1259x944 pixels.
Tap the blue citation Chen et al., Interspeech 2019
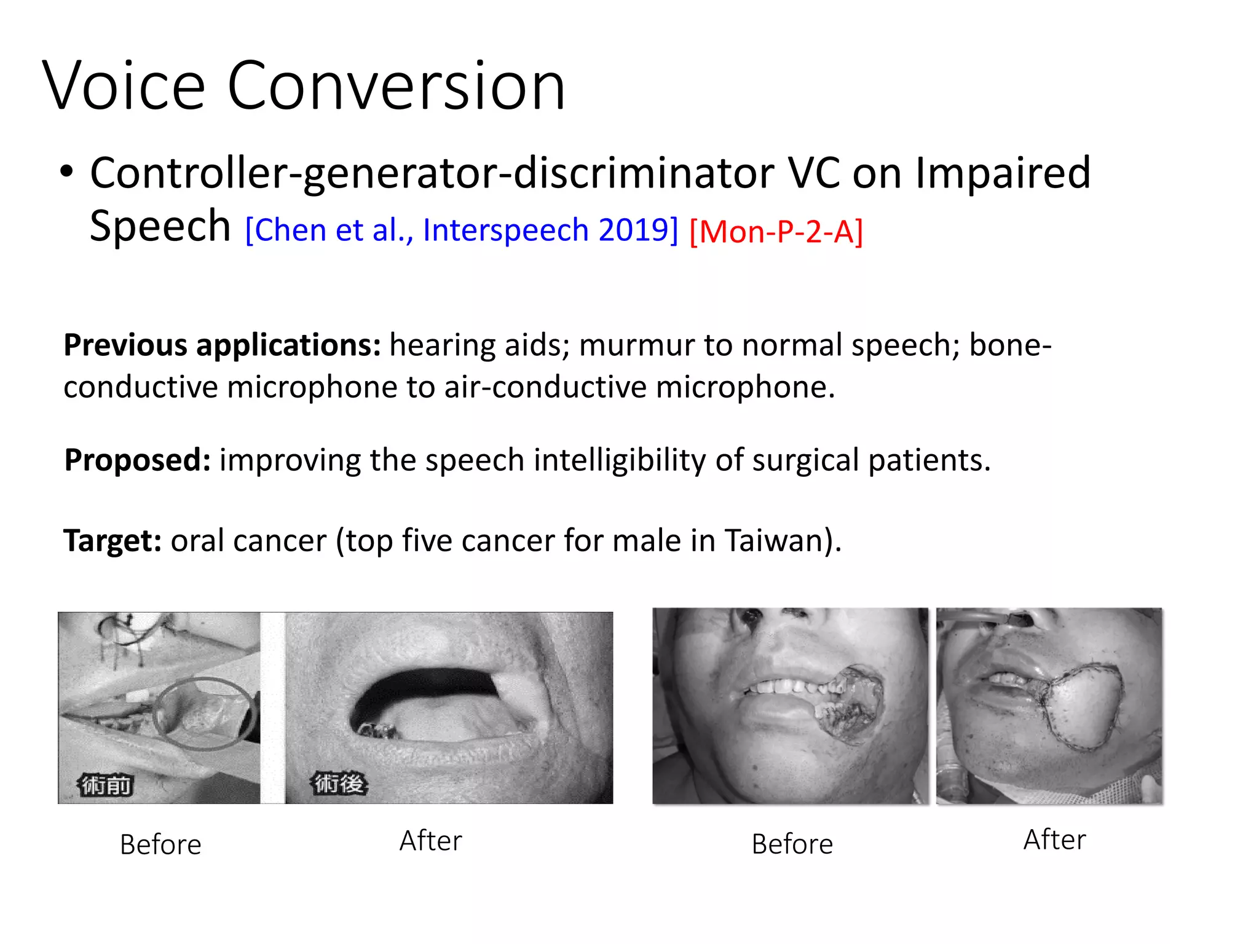pyautogui.click(x=462, y=230)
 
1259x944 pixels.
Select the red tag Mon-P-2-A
pyautogui.click(x=776, y=232)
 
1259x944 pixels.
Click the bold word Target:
pyautogui.click(x=112, y=541)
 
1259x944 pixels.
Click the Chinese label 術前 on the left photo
pyautogui.click(x=106, y=785)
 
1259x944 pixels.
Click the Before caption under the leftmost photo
pyautogui.click(x=160, y=844)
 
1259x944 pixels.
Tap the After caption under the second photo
pyautogui.click(x=430, y=841)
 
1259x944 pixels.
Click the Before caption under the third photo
pyautogui.click(x=792, y=844)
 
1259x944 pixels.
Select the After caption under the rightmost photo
pyautogui.click(x=1054, y=840)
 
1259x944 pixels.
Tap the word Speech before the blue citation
pyautogui.click(x=160, y=226)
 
